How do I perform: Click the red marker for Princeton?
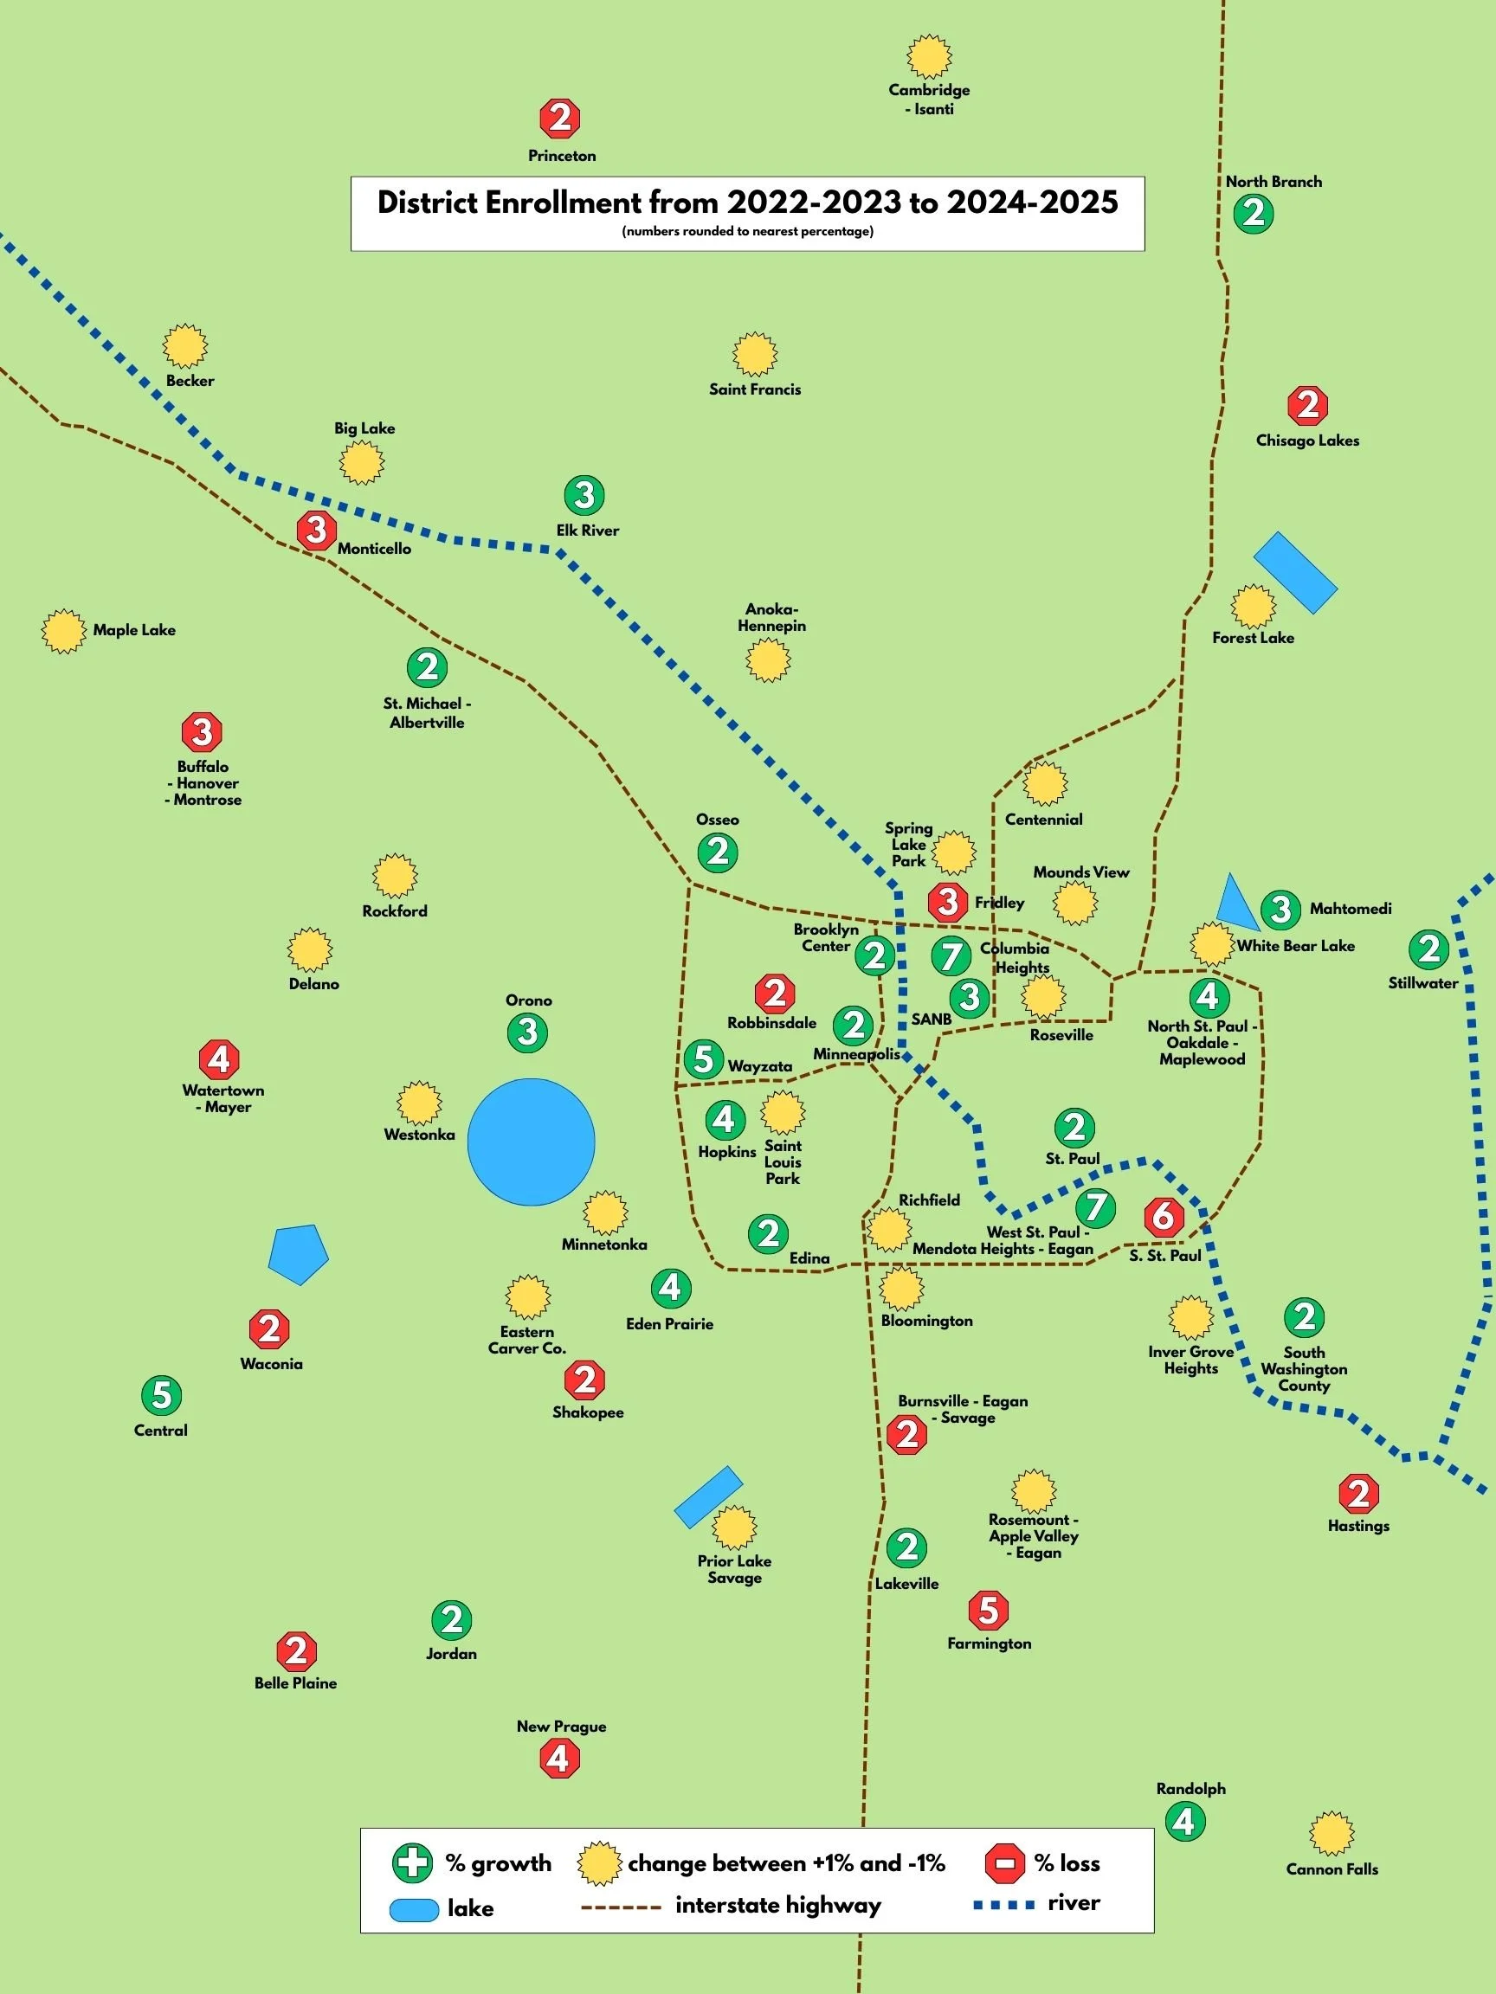[x=560, y=118]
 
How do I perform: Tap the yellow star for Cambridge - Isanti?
[x=929, y=58]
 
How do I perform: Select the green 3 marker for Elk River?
[x=584, y=495]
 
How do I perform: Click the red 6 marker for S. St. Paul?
[x=1164, y=1216]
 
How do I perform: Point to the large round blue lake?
[x=531, y=1142]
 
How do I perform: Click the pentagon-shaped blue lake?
[x=299, y=1253]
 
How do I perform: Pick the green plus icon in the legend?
[x=412, y=1863]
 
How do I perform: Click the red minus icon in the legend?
[x=1005, y=1863]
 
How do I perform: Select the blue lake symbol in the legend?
[x=414, y=1909]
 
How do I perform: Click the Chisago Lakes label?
[x=1307, y=441]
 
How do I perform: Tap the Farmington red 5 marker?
[x=989, y=1610]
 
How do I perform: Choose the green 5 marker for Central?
[x=161, y=1395]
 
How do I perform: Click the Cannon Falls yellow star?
[x=1331, y=1834]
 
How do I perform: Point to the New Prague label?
[x=561, y=1727]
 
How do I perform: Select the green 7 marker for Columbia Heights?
[x=951, y=956]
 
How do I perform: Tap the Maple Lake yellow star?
[x=63, y=631]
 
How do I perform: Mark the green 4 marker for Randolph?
[x=1185, y=1822]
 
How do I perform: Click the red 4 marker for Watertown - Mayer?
[x=219, y=1059]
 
